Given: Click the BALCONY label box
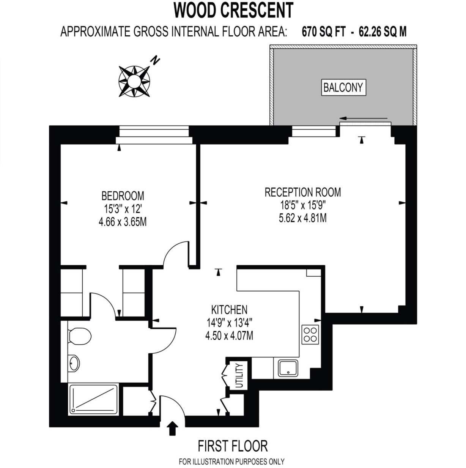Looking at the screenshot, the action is [x=343, y=87].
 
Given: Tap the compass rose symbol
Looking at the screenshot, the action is [x=134, y=81].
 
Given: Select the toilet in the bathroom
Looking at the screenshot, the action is [x=80, y=336].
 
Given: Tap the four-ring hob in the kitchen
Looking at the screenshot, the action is [x=310, y=335].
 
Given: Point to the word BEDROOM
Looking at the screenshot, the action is [x=123, y=196].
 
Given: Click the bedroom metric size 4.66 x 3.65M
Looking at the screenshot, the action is [x=123, y=222].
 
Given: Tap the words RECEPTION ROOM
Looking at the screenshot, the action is [x=303, y=192].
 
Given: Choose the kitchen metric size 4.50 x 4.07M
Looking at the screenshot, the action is [x=229, y=336].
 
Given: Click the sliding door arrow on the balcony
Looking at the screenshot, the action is [x=364, y=118].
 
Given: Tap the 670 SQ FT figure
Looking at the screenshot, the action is [x=324, y=32].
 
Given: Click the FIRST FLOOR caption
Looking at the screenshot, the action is [x=233, y=446].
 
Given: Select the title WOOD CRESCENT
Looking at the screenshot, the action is [x=233, y=11].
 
